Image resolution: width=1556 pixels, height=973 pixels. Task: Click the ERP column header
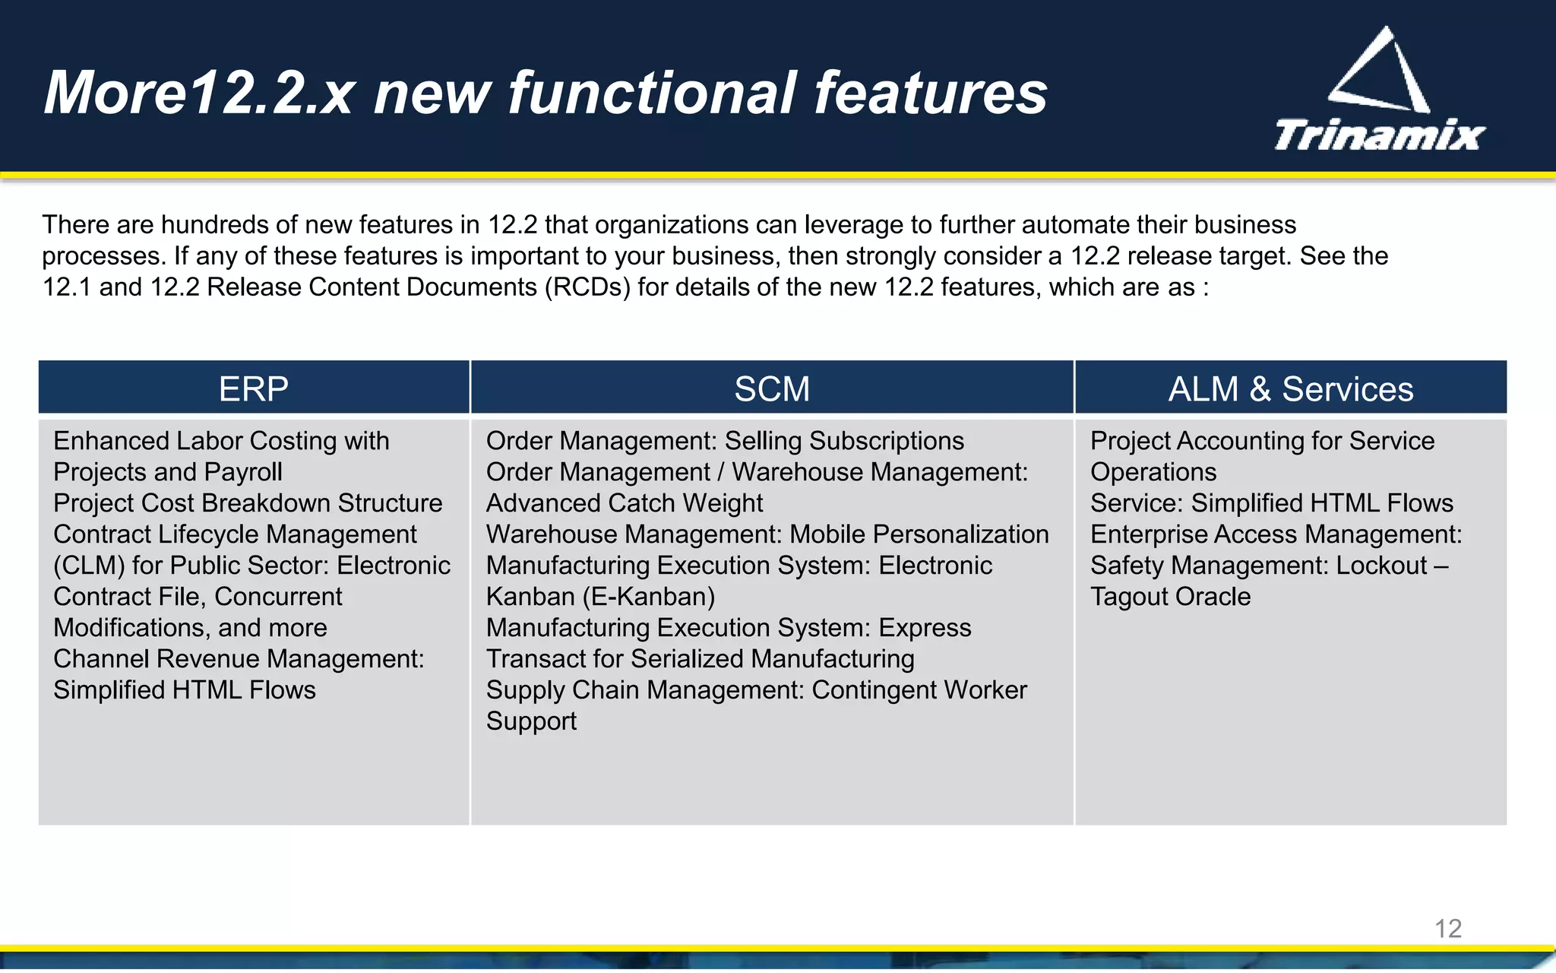coord(254,389)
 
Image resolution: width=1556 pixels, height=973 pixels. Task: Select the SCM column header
coord(772,389)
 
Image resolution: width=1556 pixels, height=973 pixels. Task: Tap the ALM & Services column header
coord(1290,389)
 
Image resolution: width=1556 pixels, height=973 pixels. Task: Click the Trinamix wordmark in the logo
coord(1379,136)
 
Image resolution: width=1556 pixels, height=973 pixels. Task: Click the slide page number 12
coord(1447,928)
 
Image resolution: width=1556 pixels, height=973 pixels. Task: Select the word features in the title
coord(930,93)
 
